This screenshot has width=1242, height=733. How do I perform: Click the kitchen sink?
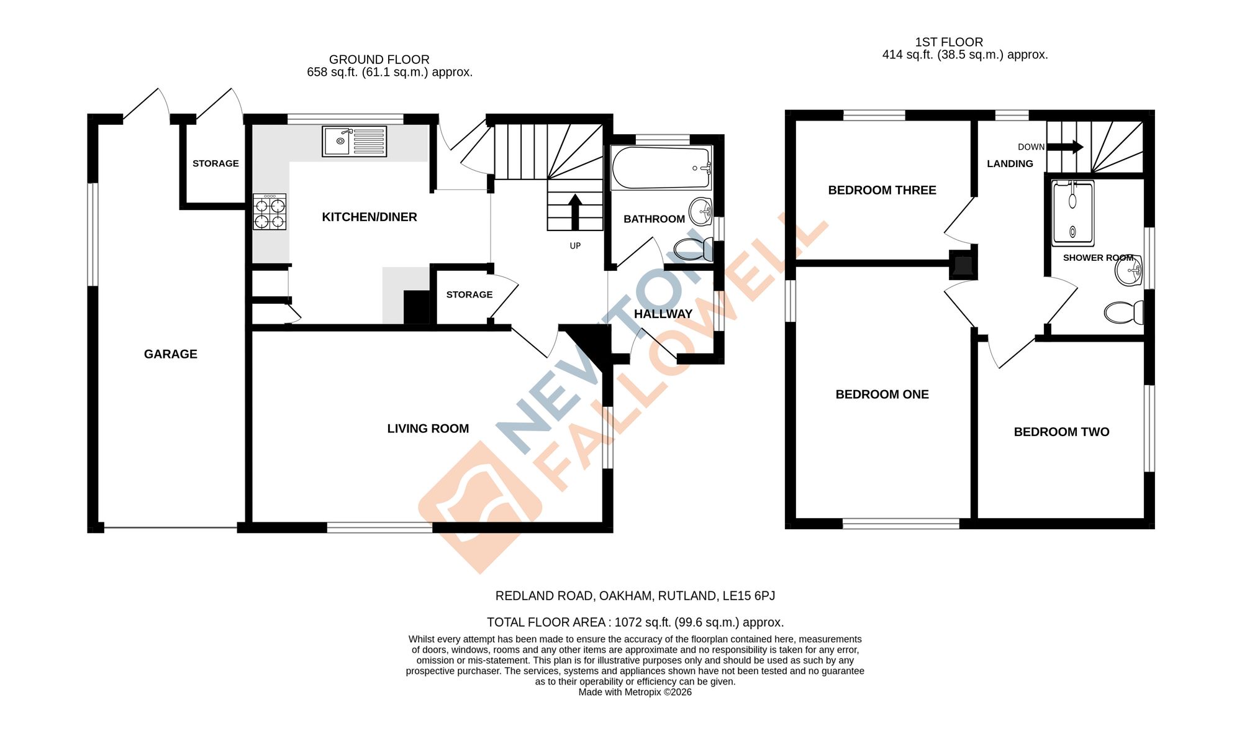point(354,141)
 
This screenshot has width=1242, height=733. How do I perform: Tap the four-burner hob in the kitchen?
point(270,212)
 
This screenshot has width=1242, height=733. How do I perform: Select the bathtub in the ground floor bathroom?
point(661,168)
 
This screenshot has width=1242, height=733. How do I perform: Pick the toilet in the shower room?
point(1123,312)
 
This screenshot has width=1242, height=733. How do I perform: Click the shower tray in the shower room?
point(1072,213)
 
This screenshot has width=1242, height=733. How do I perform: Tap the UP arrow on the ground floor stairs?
point(575,212)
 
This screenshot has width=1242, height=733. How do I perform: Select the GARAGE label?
point(171,354)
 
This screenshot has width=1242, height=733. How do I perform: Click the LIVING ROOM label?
point(428,429)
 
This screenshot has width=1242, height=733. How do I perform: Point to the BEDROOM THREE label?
point(882,190)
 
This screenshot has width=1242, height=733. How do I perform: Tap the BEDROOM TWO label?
point(1061,432)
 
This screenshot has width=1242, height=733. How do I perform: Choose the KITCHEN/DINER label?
point(369,217)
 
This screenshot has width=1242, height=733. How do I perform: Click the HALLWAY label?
point(663,314)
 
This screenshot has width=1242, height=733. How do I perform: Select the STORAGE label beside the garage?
point(215,163)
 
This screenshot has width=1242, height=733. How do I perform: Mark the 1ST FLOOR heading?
point(949,42)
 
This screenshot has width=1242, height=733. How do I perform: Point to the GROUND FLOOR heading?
point(379,60)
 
